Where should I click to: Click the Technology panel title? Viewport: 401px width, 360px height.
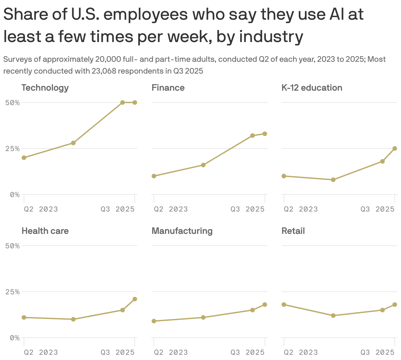click(45, 88)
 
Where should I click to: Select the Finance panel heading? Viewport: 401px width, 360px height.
click(168, 88)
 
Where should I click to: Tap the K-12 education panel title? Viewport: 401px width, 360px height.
click(312, 88)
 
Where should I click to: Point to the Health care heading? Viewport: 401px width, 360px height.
click(45, 231)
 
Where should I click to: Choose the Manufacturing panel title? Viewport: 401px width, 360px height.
click(182, 231)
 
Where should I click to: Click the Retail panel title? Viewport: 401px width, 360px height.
click(293, 231)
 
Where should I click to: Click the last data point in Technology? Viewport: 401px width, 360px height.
click(135, 102)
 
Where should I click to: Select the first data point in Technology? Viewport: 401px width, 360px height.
click(24, 158)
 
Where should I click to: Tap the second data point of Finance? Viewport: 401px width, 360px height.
click(203, 165)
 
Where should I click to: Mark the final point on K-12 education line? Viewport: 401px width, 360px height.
click(395, 148)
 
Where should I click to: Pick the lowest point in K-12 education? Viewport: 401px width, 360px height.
click(333, 180)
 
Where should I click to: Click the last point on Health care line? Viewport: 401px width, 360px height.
click(135, 299)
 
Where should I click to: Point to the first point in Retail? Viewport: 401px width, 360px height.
click(284, 304)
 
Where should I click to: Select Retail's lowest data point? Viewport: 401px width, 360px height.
click(333, 316)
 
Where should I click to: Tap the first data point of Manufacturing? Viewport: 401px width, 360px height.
click(154, 321)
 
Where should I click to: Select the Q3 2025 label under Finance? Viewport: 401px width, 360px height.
click(248, 209)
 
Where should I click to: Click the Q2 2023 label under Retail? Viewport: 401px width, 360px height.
click(301, 352)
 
